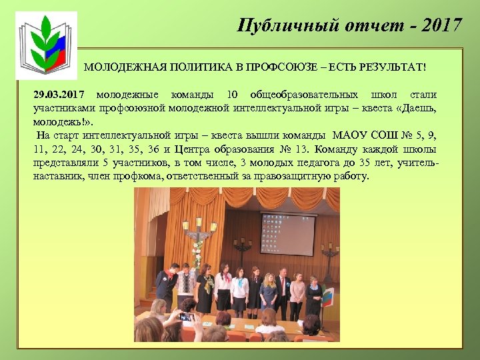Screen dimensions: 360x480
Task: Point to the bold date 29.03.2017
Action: click(x=61, y=94)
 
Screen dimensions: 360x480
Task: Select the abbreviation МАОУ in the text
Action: click(x=353, y=136)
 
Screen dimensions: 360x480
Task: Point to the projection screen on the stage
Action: click(x=287, y=234)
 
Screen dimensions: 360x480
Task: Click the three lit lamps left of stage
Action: click(x=197, y=229)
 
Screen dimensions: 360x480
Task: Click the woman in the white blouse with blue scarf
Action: click(x=224, y=287)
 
